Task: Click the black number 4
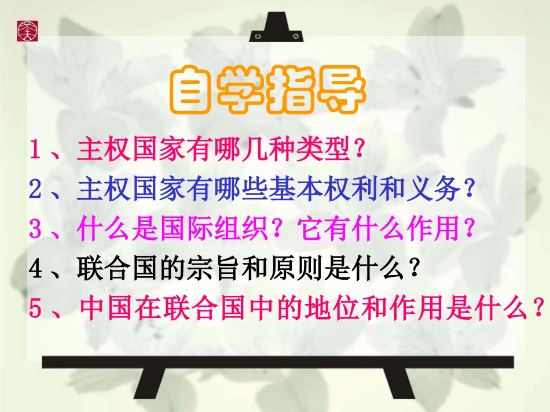[35, 268]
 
